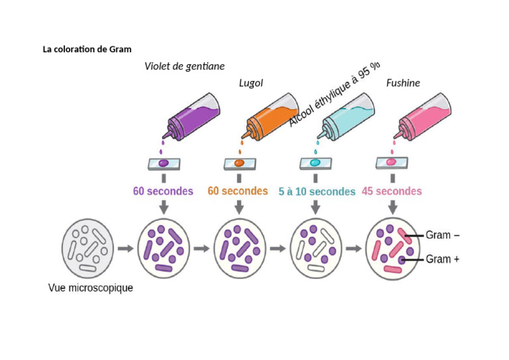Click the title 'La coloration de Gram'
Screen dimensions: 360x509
(87, 49)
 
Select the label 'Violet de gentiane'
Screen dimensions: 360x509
(184, 66)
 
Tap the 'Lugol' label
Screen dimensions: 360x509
(251, 83)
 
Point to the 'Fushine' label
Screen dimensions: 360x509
(403, 83)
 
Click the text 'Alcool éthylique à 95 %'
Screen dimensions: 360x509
(335, 93)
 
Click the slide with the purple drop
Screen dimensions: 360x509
(164, 163)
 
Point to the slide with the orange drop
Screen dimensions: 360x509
(239, 163)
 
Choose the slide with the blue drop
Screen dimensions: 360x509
(315, 163)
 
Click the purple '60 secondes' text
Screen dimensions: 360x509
(163, 191)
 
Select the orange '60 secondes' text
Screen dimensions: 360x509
(238, 191)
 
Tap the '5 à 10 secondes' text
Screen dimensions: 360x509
(316, 192)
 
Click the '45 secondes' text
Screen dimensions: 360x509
(392, 191)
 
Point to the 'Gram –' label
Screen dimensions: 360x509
(443, 235)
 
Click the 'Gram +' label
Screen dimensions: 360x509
(443, 259)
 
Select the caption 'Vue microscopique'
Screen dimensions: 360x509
(91, 288)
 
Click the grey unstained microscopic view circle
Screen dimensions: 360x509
(87, 249)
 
